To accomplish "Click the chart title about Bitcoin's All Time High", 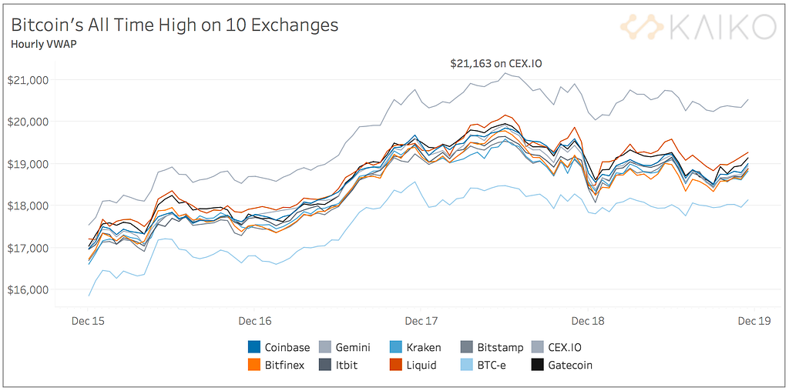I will click(174, 25).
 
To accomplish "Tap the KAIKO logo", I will click(697, 27).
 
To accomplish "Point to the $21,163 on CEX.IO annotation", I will click(496, 63).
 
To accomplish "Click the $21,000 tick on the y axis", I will click(28, 80).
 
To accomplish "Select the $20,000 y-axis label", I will click(28, 122).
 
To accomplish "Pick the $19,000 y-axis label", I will click(28, 164).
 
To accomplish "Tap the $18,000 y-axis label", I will click(28, 206).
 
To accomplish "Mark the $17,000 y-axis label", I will click(28, 248).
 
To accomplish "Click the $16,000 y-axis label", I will click(28, 290).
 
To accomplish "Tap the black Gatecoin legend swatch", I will click(537, 365).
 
